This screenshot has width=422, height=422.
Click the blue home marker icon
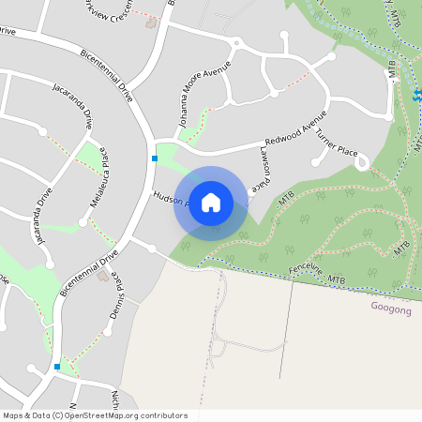tap(211, 203)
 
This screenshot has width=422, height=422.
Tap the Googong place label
tap(389, 307)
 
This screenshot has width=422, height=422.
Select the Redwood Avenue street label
tap(294, 127)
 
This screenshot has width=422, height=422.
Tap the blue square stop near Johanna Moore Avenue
tap(155, 158)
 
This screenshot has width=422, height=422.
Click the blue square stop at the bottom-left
tap(57, 367)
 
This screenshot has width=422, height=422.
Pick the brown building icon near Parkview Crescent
tap(153, 23)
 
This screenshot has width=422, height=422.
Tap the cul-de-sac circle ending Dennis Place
tap(150, 249)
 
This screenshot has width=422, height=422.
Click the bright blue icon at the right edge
tap(417, 95)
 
